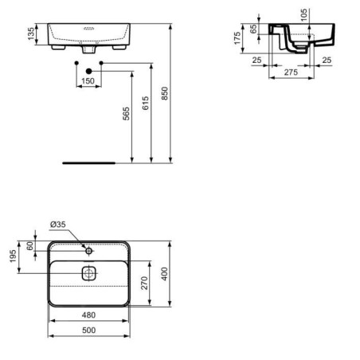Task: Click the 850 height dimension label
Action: tap(165, 93)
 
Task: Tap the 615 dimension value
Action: tap(146, 103)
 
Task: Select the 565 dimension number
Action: tap(127, 114)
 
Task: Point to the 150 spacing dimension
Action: tap(88, 80)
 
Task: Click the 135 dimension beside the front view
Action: tap(31, 33)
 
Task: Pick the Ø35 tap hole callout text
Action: tap(58, 225)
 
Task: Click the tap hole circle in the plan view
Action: tap(89, 251)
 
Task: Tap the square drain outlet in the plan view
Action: tap(88, 273)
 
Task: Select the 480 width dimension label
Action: tap(88, 315)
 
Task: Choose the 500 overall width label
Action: tap(88, 330)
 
